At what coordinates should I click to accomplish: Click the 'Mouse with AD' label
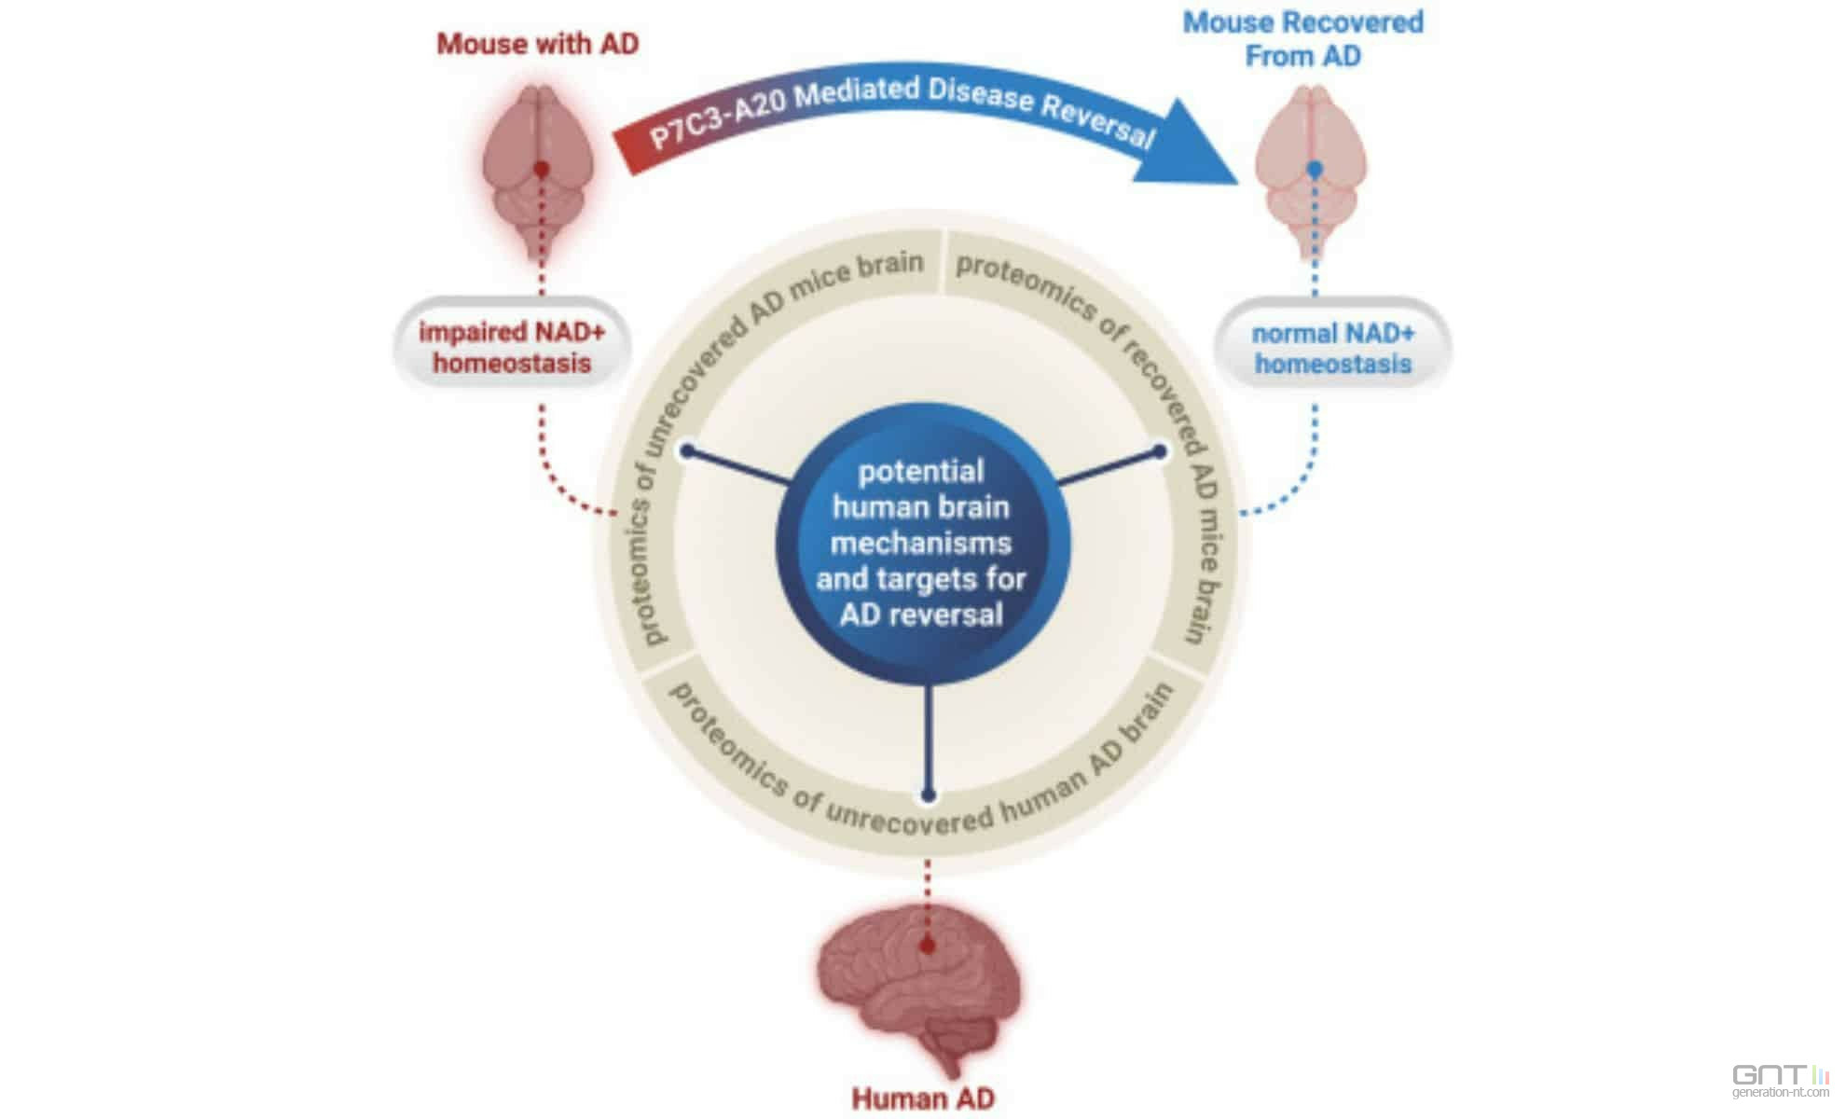point(538,44)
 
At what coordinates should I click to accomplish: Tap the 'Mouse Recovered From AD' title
point(1302,39)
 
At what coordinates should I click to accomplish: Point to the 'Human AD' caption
point(923,1098)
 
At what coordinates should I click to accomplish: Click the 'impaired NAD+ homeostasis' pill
point(512,347)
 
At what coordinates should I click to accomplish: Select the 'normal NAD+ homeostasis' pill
point(1332,348)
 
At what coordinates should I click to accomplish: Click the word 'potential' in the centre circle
point(921,472)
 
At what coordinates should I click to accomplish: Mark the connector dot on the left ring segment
point(687,451)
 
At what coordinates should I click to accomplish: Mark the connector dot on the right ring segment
point(1160,451)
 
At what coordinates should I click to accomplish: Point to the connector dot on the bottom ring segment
point(928,795)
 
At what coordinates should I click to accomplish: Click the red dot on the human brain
point(927,946)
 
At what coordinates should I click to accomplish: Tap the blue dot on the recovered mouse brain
point(1315,170)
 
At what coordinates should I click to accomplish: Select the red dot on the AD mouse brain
point(541,170)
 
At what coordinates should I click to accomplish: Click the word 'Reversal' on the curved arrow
point(1098,120)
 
